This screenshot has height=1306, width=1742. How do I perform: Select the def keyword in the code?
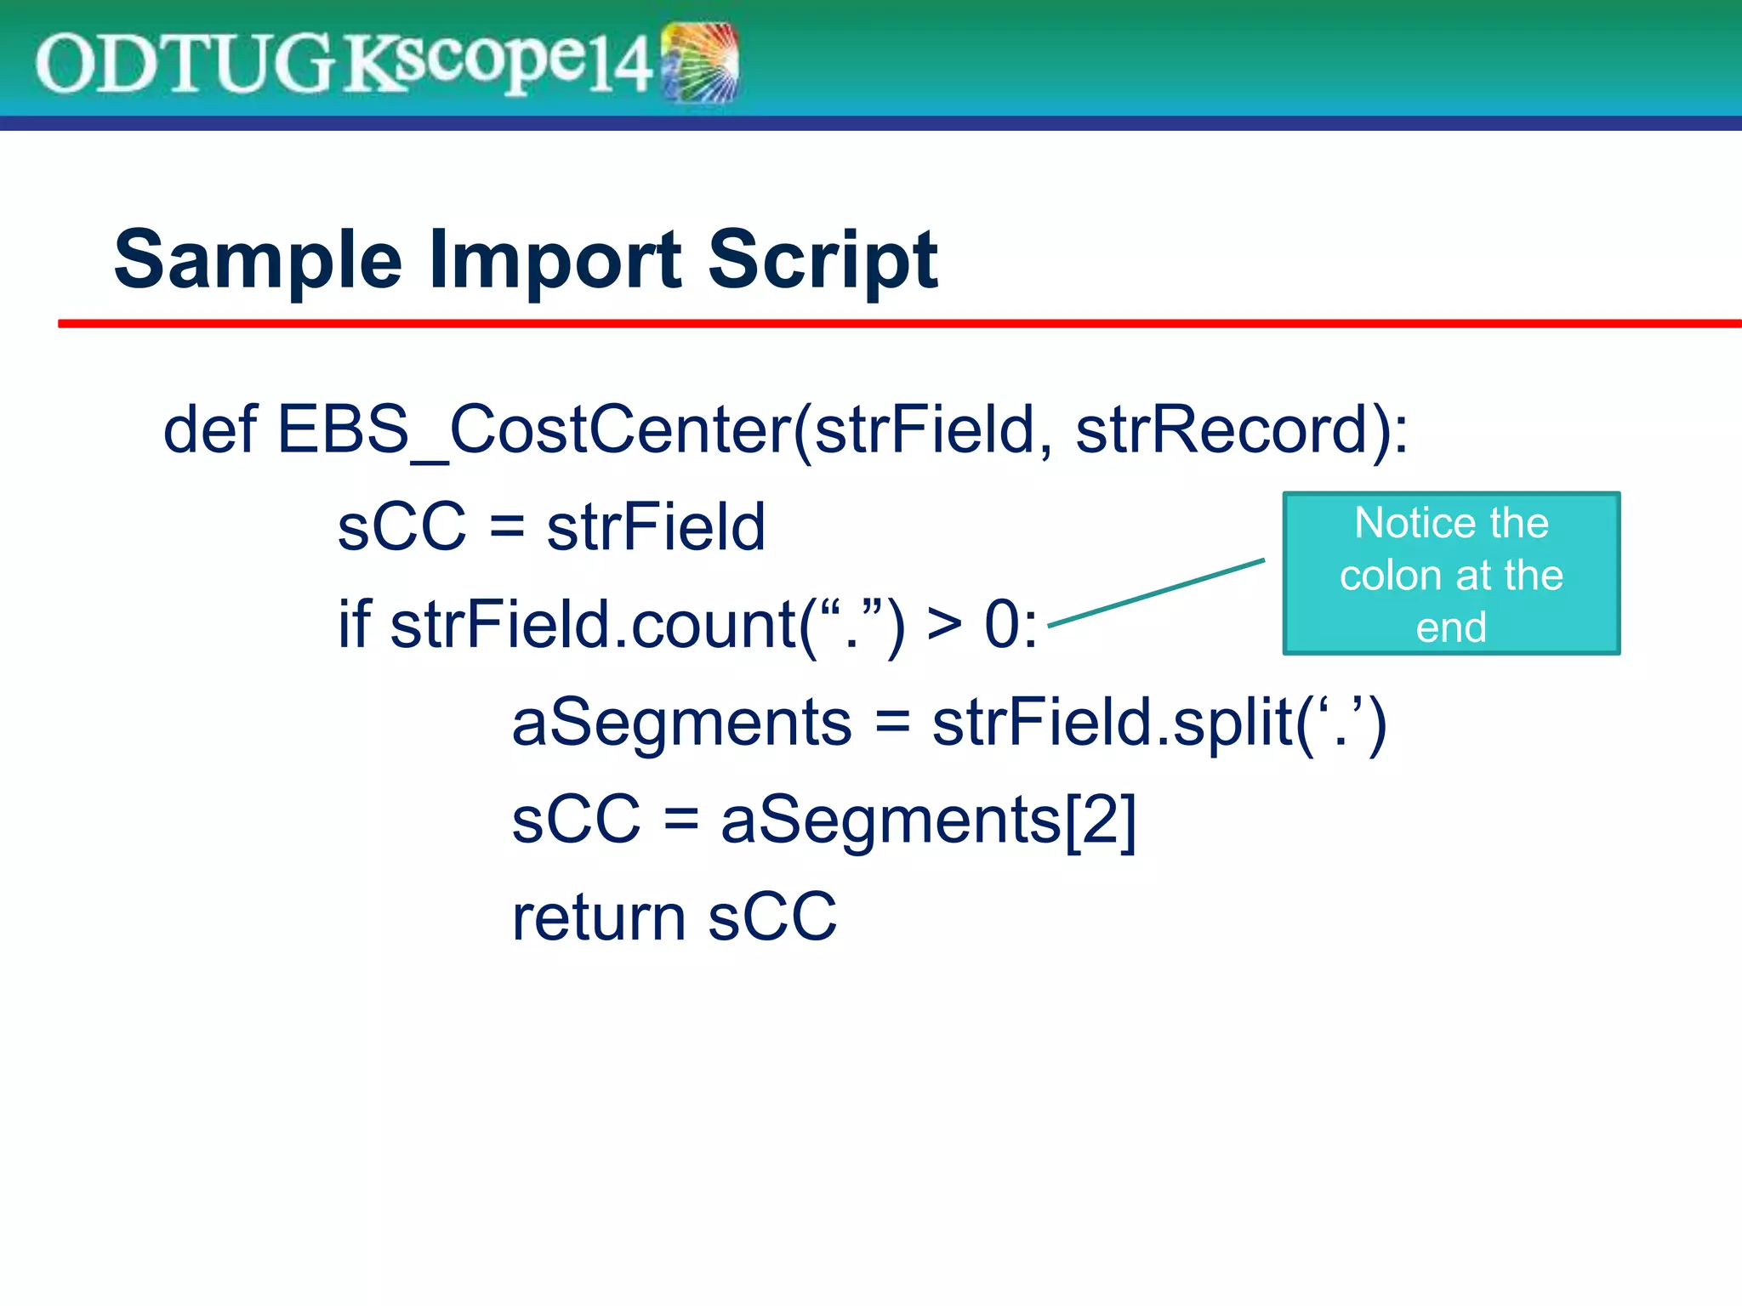pyautogui.click(x=209, y=429)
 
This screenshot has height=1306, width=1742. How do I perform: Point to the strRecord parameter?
pyautogui.click(x=1221, y=430)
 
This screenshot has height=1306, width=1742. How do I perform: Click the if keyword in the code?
pyautogui.click(x=353, y=624)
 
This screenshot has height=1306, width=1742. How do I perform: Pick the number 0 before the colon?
pyautogui.click(x=1001, y=625)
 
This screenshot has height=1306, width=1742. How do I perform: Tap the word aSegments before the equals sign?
pyautogui.click(x=681, y=723)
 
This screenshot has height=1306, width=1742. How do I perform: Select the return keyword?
pyautogui.click(x=598, y=918)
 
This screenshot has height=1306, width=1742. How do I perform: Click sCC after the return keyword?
pyautogui.click(x=772, y=918)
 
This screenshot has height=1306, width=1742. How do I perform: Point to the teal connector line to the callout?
pyautogui.click(x=1157, y=593)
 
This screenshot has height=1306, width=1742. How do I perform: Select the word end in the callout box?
pyautogui.click(x=1451, y=627)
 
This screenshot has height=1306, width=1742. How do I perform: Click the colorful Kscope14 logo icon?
pyautogui.click(x=699, y=62)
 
